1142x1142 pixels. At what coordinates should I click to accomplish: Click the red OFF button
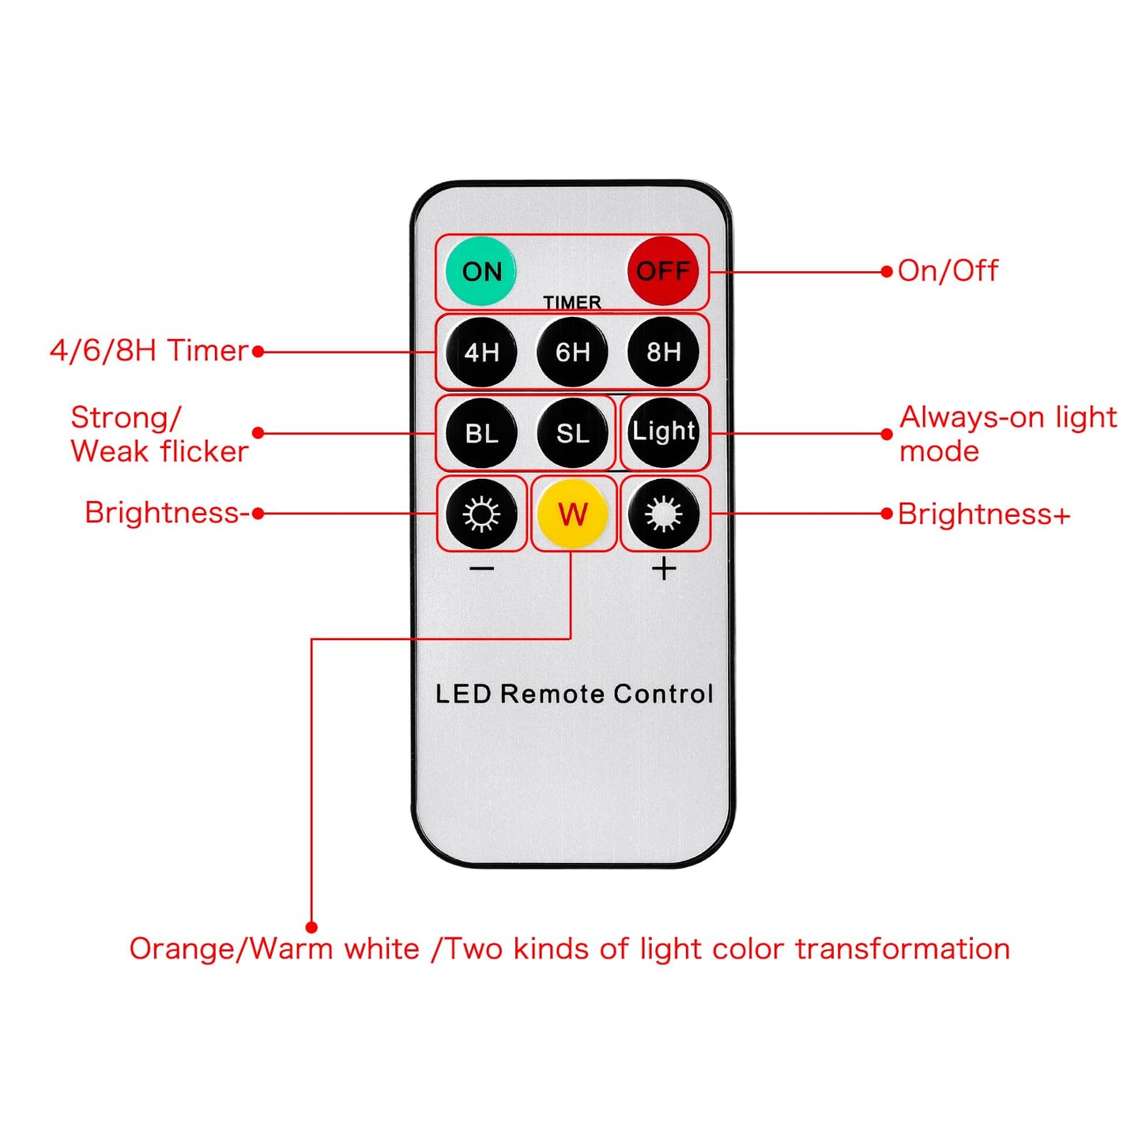pos(663,271)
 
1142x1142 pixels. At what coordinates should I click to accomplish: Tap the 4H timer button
pos(481,352)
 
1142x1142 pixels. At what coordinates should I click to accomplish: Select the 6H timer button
pos(572,352)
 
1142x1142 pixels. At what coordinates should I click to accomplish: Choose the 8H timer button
pos(663,352)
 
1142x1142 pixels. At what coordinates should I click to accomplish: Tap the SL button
pos(572,434)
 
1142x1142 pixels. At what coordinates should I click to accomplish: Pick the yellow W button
pos(572,514)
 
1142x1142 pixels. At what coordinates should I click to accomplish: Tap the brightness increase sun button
pos(664,514)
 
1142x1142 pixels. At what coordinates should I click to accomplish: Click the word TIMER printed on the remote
pos(572,303)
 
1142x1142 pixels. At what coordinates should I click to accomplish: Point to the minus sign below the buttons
pos(481,569)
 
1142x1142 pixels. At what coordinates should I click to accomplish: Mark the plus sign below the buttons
pos(664,569)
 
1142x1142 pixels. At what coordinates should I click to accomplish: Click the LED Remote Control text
pos(574,694)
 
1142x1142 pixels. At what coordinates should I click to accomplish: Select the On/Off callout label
pos(948,271)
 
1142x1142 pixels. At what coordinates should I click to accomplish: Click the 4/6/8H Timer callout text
pos(149,350)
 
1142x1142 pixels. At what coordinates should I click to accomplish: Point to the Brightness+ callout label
pos(984,514)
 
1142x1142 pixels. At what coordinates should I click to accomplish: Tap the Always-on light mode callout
pos(1008,434)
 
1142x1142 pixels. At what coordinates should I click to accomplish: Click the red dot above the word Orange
pos(311,927)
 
